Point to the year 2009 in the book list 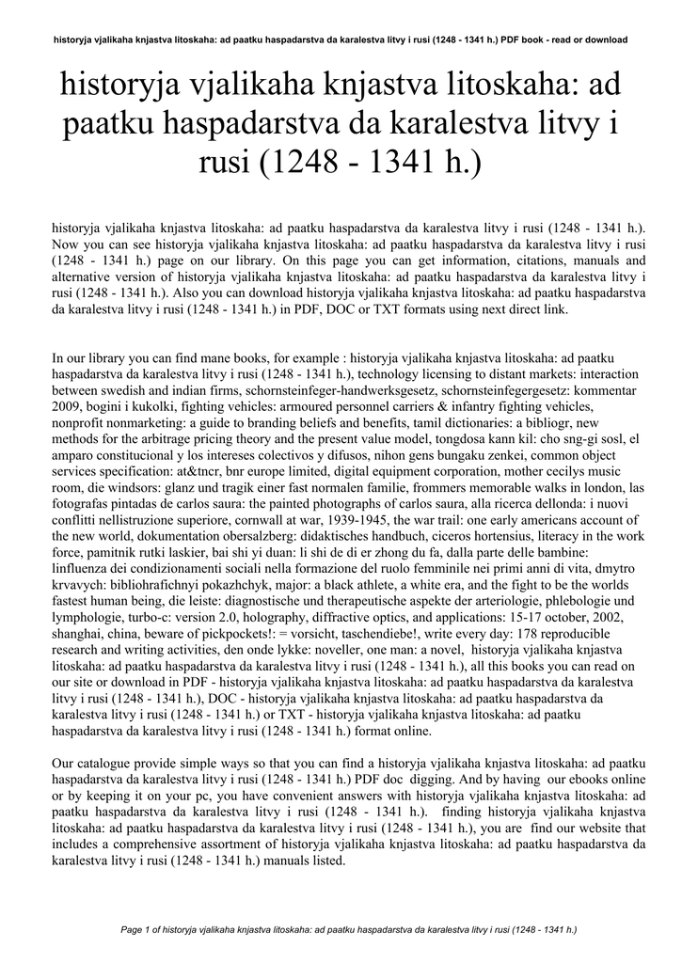click(x=68, y=405)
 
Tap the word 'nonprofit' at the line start click(x=80, y=421)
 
